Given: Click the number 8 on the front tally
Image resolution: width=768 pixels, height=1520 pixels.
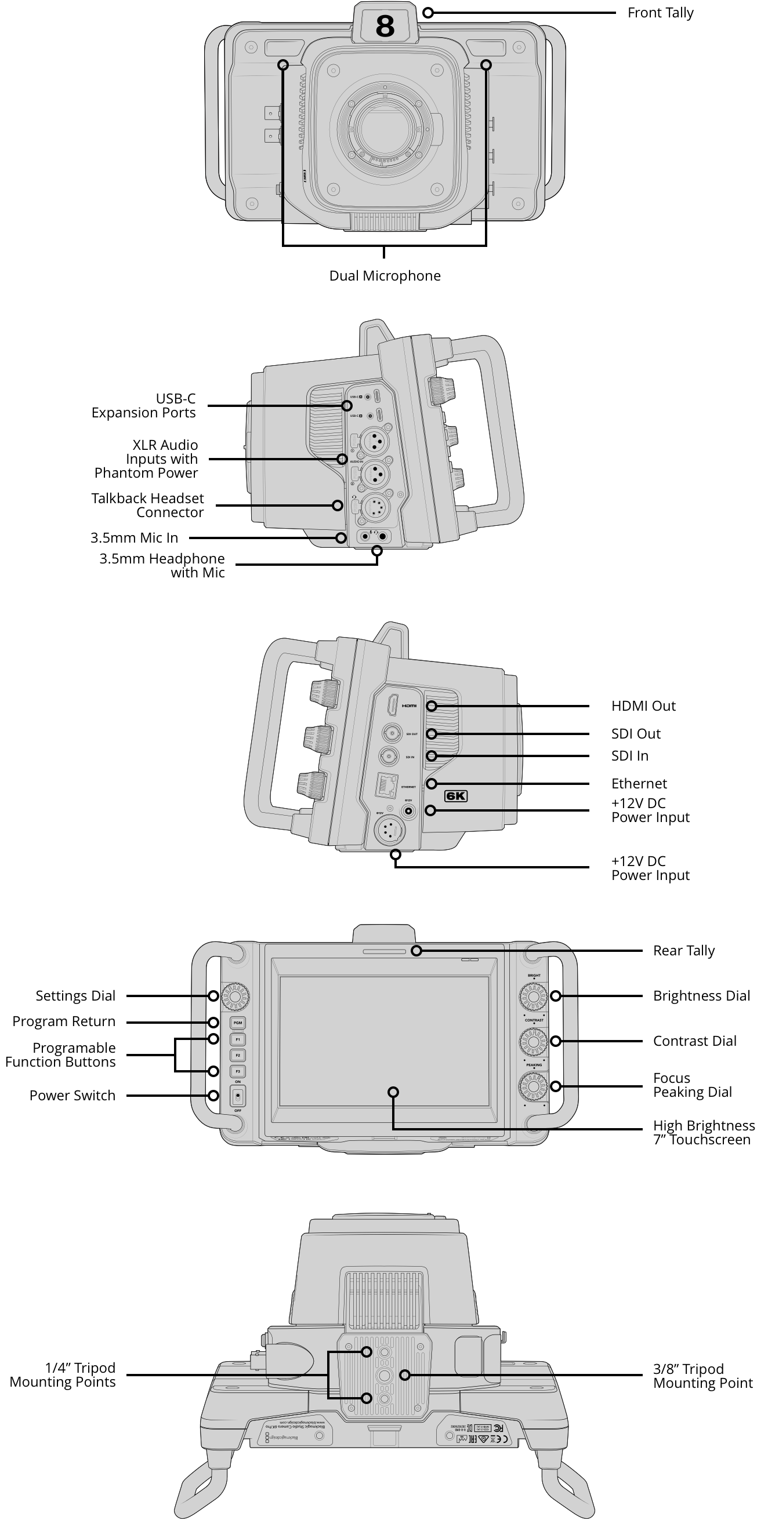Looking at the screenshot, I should (x=385, y=27).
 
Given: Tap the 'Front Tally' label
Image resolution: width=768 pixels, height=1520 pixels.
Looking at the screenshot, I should (x=660, y=13).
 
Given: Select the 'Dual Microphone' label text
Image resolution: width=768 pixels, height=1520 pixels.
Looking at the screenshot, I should (x=385, y=276).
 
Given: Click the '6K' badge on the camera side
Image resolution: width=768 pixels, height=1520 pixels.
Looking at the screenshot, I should (x=456, y=796).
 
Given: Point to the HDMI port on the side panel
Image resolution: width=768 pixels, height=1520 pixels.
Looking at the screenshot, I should (x=392, y=706).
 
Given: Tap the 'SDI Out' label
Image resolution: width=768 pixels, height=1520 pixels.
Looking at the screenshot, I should (x=635, y=734).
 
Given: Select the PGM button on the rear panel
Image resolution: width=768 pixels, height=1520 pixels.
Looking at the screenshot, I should (x=237, y=1023).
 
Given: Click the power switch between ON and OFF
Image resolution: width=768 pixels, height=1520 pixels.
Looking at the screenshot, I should (x=237, y=1096).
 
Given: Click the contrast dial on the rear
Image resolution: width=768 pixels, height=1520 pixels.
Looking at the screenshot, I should (x=533, y=1042).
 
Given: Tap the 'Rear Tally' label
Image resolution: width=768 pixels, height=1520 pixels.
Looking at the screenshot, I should (x=683, y=951).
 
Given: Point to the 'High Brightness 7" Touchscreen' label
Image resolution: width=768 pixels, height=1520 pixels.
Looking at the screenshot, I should (x=703, y=1133).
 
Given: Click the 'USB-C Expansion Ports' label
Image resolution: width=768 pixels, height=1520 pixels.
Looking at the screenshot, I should (x=143, y=406).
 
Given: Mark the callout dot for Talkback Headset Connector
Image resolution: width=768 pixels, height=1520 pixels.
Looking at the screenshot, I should (x=337, y=505).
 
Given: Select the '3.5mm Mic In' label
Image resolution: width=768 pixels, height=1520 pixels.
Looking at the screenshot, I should (x=134, y=538).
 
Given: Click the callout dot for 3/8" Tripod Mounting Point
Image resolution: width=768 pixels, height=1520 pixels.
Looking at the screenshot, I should (x=404, y=1375).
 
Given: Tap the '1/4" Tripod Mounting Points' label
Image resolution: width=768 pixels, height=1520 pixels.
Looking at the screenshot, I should (x=63, y=1375).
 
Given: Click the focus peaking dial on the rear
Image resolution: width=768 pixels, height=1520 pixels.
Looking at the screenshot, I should (x=533, y=1086).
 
